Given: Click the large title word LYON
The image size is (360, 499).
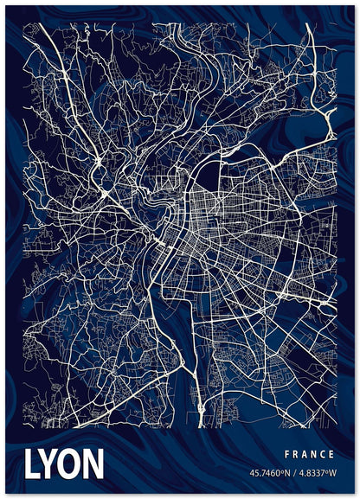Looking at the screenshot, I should (64, 464).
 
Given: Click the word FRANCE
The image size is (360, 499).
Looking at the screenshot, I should (308, 454).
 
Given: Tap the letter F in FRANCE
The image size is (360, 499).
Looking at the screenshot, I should (286, 454).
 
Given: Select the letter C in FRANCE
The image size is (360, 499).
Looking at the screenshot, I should (322, 454).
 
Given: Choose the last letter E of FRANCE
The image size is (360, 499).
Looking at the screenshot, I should (331, 454).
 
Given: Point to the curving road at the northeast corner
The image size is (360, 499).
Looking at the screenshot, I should (327, 130).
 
